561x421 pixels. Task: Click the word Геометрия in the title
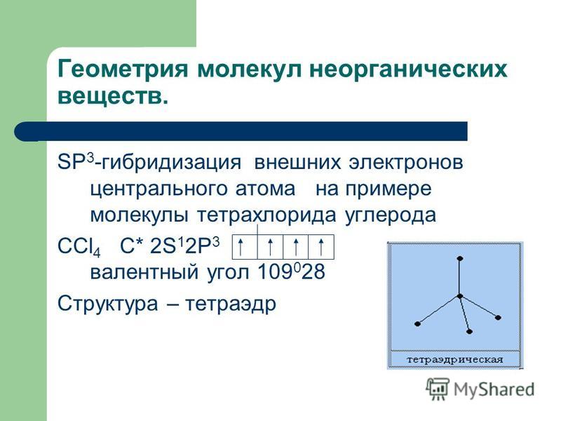[x=123, y=69]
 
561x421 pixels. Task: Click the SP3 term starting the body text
[x=76, y=162]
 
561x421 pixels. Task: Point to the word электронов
[x=406, y=162]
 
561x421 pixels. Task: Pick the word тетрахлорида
[x=266, y=215]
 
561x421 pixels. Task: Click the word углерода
[x=391, y=216]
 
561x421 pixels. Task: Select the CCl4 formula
[x=79, y=247]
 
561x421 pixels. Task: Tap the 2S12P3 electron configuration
[x=185, y=246]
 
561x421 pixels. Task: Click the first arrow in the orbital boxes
[x=241, y=247]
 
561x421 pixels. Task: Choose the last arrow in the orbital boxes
[x=321, y=247]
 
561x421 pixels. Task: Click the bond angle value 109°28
[x=291, y=272]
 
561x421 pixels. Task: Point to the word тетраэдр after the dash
[x=231, y=305]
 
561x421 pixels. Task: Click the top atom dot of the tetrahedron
[x=460, y=258]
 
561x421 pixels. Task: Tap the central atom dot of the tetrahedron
[x=460, y=296]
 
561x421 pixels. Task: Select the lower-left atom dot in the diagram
[x=417, y=323]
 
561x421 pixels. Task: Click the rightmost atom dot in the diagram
[x=498, y=317]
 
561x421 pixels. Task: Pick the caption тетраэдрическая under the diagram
[x=455, y=359]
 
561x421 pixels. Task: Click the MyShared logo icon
[x=437, y=389]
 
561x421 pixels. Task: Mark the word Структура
[x=108, y=305]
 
